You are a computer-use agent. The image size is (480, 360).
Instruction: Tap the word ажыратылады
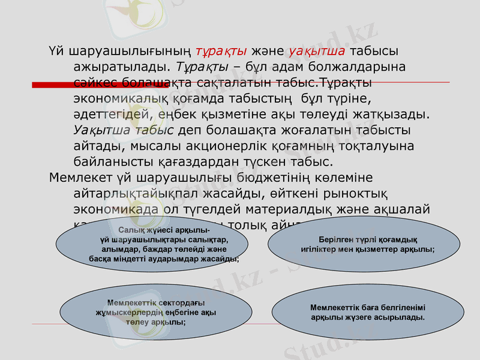(119, 66)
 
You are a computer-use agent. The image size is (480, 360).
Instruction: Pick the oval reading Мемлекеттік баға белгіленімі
(367, 311)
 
